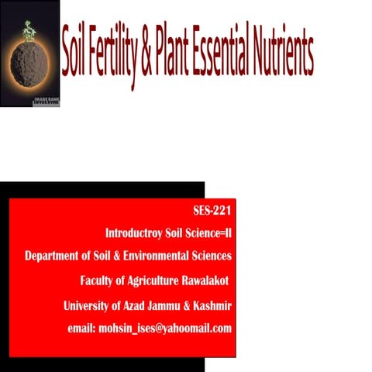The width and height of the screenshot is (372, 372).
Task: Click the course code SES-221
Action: [212, 211]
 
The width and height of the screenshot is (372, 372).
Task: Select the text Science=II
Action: [206, 232]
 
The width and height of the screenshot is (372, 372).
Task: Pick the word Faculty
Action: [98, 280]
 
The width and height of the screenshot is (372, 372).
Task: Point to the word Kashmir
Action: [213, 305]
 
